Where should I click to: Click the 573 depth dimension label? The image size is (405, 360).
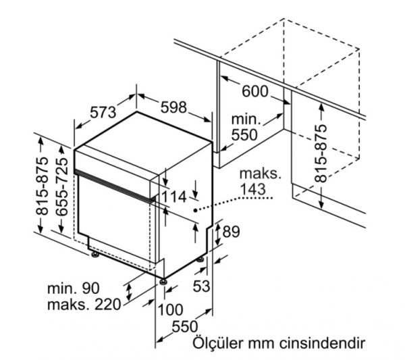coord(103,112)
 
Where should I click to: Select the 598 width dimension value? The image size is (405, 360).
coord(173,107)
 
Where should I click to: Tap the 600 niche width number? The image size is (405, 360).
coord(255,91)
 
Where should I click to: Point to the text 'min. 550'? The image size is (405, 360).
coord(246,127)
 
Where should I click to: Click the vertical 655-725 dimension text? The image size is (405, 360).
coord(62,186)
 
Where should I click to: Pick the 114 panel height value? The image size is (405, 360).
coord(173,197)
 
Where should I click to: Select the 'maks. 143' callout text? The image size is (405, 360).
coord(260,182)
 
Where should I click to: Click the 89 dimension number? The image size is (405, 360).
coord(231,232)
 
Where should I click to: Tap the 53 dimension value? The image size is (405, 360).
coord(201,286)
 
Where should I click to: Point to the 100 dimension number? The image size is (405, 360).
coord(170,309)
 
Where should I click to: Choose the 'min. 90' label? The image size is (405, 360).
coord(74,288)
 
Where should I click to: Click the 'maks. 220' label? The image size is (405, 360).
coord(84,305)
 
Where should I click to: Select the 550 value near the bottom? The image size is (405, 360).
coord(185,326)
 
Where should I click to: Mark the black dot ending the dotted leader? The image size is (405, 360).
coord(196,210)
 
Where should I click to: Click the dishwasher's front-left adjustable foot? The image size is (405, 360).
coord(94,255)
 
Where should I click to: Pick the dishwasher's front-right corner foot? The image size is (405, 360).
coord(163,282)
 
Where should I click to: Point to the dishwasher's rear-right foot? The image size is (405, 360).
coord(201,259)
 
